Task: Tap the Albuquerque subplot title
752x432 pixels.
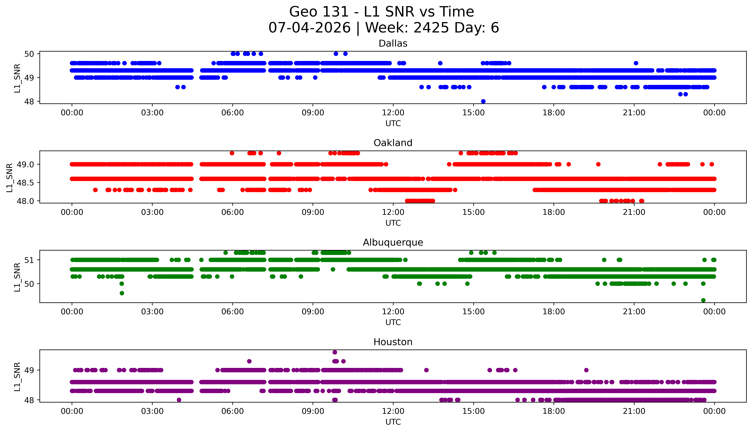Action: tap(393, 242)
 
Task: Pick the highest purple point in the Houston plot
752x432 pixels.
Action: tap(335, 352)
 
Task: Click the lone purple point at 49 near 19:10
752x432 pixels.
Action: tap(586, 370)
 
